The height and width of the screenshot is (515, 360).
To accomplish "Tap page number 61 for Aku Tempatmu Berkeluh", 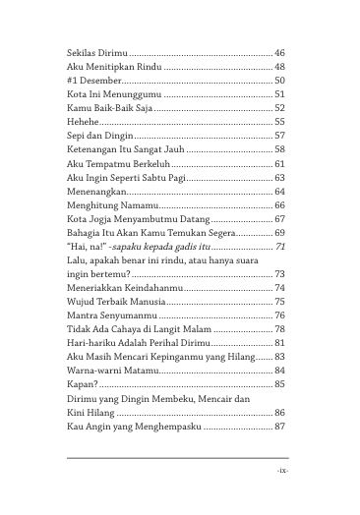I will [x=279, y=163].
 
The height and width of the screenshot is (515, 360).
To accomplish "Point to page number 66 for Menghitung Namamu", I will [x=279, y=205].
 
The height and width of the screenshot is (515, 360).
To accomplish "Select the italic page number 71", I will [x=279, y=247].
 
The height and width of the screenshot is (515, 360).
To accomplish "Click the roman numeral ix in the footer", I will [x=282, y=472].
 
